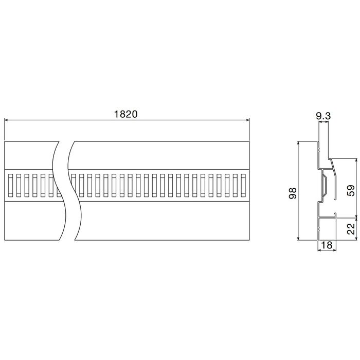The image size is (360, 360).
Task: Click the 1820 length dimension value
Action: tap(125, 114)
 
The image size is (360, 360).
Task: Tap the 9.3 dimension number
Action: tap(323, 116)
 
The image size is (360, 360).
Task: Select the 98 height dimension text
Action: tap(293, 193)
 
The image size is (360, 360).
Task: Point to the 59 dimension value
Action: tap(351, 191)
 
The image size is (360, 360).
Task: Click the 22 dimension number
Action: tap(351, 229)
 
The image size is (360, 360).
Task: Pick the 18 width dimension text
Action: tap(327, 245)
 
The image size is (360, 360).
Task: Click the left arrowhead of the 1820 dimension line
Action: tap(6, 120)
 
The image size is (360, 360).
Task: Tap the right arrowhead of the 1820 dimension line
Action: tap(247, 120)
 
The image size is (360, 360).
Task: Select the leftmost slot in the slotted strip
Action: tap(10, 186)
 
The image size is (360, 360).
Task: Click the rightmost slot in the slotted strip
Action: tap(243, 186)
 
